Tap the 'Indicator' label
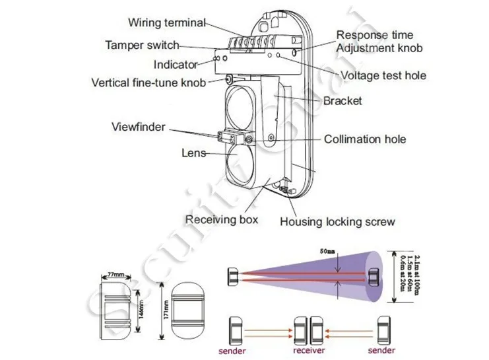[x=176, y=65]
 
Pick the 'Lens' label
[x=194, y=153]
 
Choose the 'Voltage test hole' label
[x=383, y=75]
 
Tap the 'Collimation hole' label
[x=364, y=139]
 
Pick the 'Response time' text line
[x=375, y=35]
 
